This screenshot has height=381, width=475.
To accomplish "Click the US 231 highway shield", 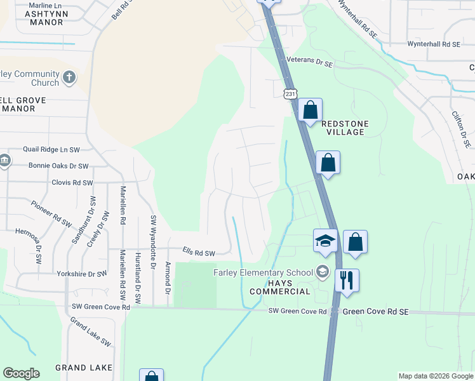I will pos(290,93).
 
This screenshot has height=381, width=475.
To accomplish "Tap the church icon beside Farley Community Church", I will pos(69,79).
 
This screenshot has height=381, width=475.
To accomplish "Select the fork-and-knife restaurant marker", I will pos(347,280).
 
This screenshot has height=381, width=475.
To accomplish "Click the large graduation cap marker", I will pos(325,241).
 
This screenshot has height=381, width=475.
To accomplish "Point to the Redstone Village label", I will pos(344,128).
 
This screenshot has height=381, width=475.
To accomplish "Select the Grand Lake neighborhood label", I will pos(83,368).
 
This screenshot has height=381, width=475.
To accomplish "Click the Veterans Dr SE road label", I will pos(310,63).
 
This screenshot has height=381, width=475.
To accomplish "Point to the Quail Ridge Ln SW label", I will pos(51,150).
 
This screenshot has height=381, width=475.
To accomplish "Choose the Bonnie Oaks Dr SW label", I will pos(58,166).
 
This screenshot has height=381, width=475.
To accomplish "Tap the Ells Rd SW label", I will pos(198,253).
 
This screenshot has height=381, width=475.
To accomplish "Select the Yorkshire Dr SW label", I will pos(81,274).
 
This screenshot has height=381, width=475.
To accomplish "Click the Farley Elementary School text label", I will pos(263,273).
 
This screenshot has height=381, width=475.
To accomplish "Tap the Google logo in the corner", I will pos(21,373).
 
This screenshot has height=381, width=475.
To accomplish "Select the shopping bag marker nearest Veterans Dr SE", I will pos(310,110).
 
